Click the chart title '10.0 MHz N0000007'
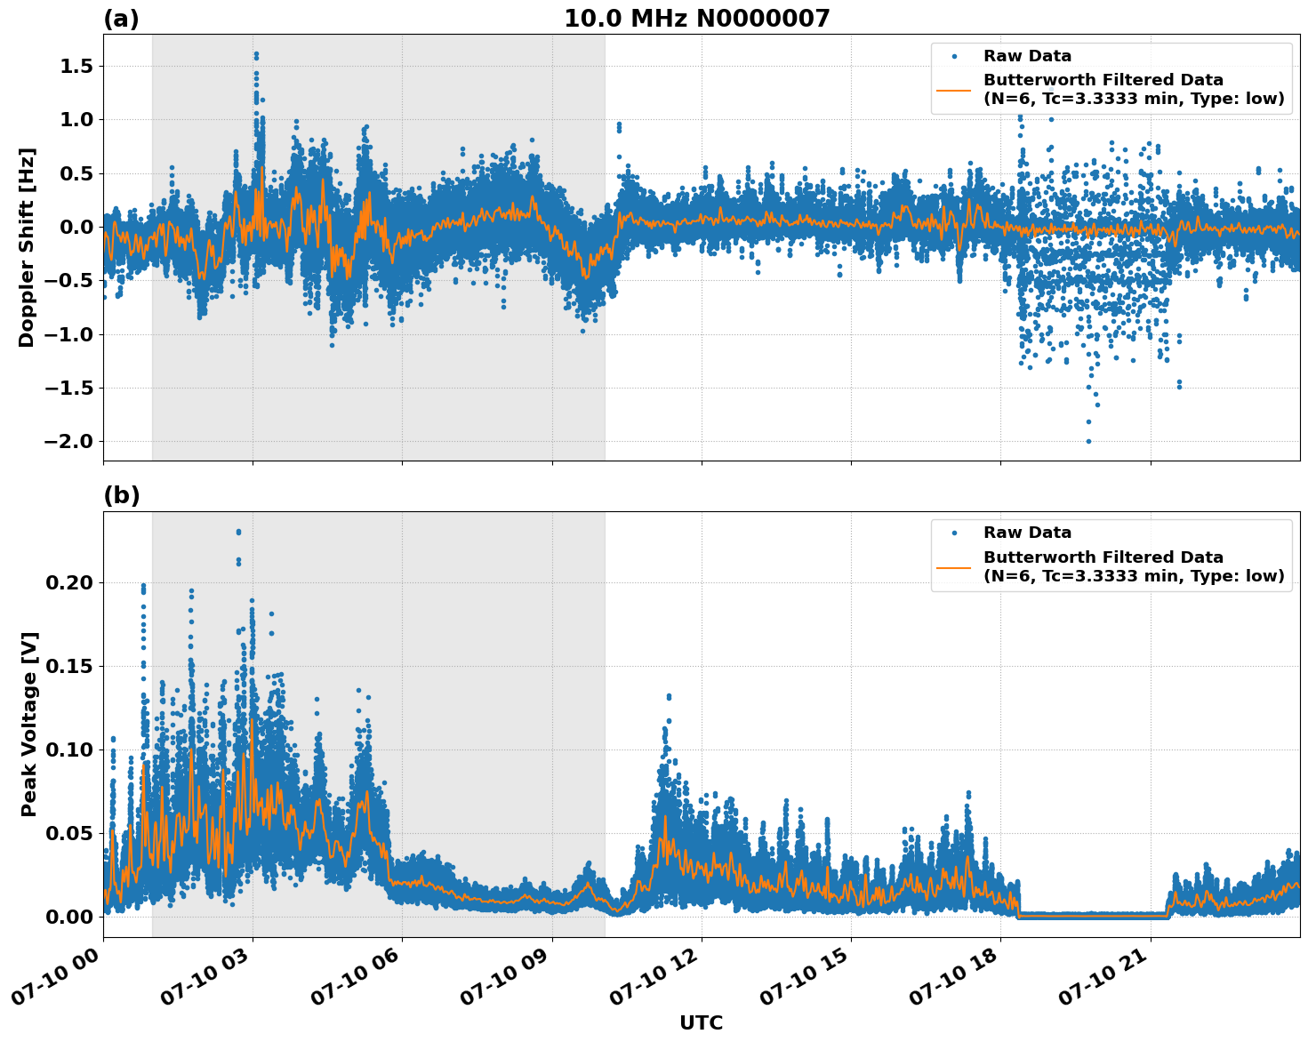tap(696, 19)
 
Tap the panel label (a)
tap(121, 19)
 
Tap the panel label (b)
tap(121, 495)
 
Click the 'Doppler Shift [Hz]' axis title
tap(27, 247)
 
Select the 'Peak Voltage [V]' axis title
tap(29, 724)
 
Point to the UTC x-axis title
tap(701, 1022)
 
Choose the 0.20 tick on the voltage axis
tap(69, 583)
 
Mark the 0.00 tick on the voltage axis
tap(69, 917)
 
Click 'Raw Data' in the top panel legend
tap(1027, 56)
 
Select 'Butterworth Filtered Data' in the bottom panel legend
tap(1103, 557)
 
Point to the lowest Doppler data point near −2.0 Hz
tap(1088, 441)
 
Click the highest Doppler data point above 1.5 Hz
tap(256, 54)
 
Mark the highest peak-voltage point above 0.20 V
tap(238, 532)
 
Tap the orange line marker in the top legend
tap(953, 89)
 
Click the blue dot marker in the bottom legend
tap(953, 533)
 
